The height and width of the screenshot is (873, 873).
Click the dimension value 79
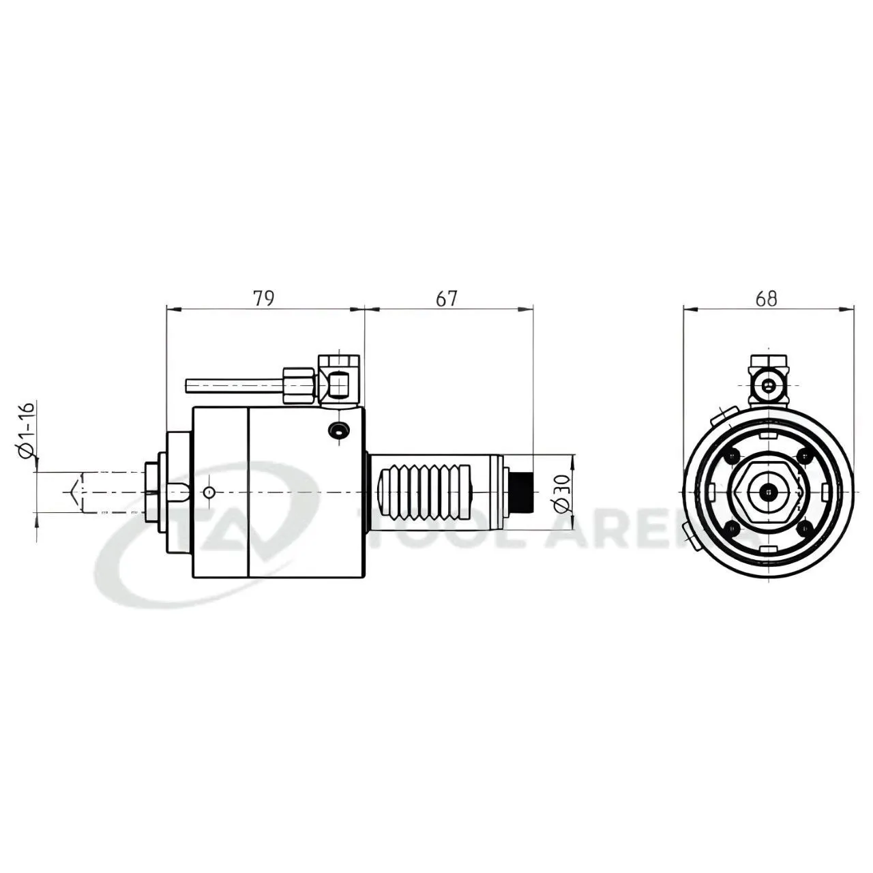click(x=264, y=299)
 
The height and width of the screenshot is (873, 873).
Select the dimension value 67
click(x=447, y=299)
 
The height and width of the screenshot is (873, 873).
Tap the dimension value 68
click(x=766, y=299)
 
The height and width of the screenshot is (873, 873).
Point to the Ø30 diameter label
click(x=561, y=493)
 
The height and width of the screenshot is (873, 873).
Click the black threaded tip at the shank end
click(x=521, y=491)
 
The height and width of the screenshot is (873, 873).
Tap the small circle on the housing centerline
click(x=209, y=492)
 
